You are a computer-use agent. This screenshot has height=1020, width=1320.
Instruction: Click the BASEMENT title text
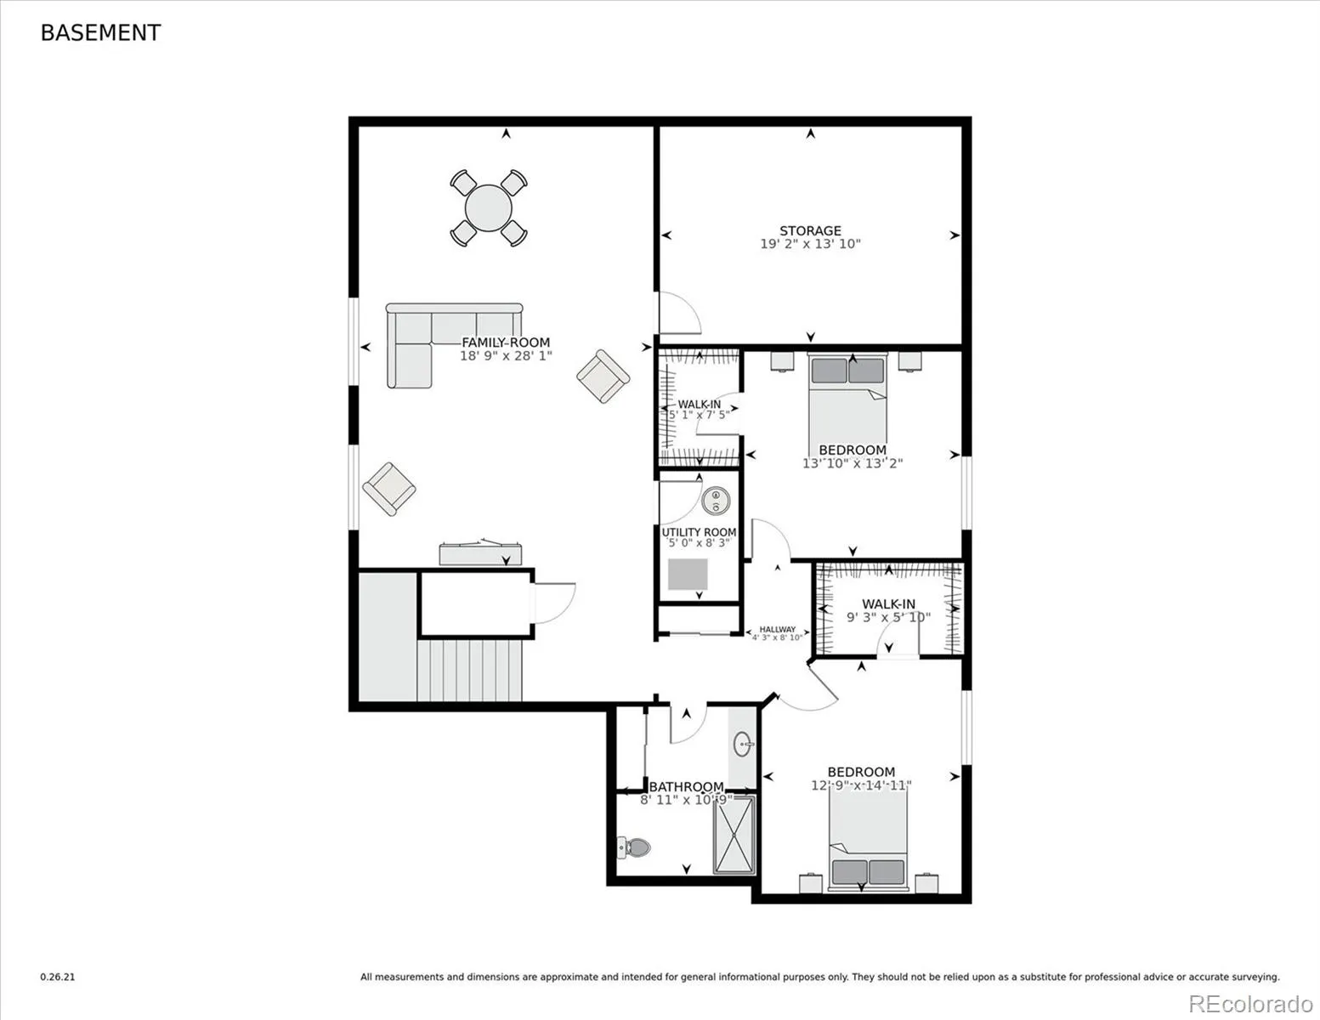click(100, 33)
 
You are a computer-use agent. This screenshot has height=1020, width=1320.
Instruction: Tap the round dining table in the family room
click(488, 207)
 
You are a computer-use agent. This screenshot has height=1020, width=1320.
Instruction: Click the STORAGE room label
click(810, 231)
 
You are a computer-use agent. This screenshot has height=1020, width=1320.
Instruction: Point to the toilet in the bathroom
click(634, 847)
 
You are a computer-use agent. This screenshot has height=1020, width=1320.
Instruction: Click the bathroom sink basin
click(742, 744)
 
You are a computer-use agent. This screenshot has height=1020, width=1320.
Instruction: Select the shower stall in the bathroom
click(734, 835)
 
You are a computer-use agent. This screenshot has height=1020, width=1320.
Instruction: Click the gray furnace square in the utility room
click(688, 574)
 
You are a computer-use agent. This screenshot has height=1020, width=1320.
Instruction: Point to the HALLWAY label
click(777, 629)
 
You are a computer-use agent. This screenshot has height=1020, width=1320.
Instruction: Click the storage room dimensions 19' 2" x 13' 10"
click(810, 244)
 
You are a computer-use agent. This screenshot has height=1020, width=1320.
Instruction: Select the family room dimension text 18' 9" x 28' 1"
click(506, 356)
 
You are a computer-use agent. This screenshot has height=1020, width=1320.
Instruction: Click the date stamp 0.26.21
click(58, 977)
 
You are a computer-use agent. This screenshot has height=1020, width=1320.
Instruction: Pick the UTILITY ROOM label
click(699, 532)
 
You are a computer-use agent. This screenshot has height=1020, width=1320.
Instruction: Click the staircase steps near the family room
click(469, 670)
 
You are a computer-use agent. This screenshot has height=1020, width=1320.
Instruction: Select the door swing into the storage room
click(680, 313)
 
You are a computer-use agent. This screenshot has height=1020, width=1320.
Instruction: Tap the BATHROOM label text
click(687, 787)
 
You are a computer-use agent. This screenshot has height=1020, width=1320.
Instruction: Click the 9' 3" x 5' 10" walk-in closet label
click(888, 617)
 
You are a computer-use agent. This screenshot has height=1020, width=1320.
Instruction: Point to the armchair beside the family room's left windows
click(388, 489)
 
